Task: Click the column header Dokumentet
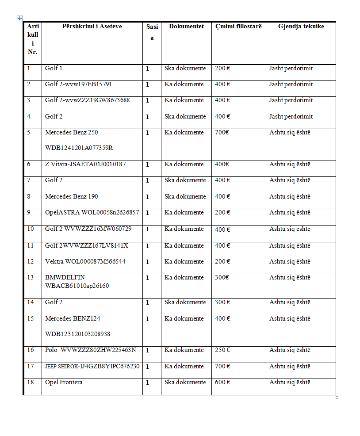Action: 186,27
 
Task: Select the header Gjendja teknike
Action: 301,27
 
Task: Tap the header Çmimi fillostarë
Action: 238,27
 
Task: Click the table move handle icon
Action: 19,18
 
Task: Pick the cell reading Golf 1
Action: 54,69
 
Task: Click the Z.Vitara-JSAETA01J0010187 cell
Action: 85,164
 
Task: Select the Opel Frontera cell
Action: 64,382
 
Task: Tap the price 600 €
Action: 222,382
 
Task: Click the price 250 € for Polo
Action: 222,350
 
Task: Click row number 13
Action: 31,278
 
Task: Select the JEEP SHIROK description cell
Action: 92,367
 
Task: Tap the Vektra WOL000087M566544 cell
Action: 85,262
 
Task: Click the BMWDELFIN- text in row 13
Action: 66,278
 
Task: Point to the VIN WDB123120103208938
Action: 78,334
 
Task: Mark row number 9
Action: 29,213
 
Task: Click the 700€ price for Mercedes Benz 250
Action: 222,133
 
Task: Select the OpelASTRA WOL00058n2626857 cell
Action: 92,213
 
